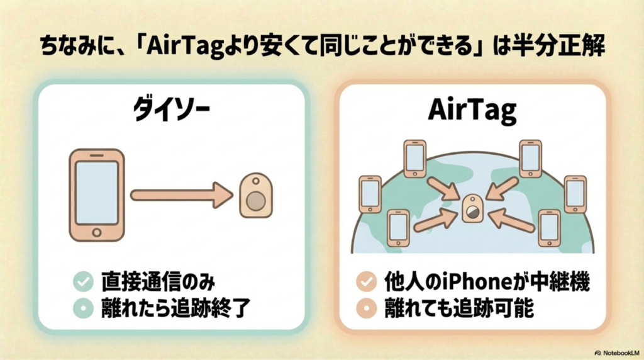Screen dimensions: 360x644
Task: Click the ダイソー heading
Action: [x=171, y=111]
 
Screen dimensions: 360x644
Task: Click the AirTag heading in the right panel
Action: [x=472, y=111]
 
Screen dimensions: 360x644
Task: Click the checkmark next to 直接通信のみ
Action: [x=82, y=282]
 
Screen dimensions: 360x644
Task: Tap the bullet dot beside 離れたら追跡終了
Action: [x=82, y=308]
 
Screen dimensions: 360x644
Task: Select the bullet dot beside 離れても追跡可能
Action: [x=364, y=308]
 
